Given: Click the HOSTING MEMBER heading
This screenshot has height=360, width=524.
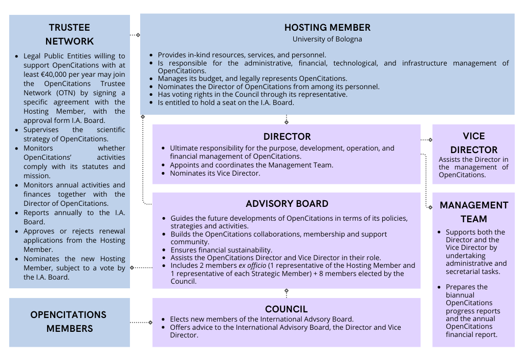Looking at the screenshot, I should click(327, 28).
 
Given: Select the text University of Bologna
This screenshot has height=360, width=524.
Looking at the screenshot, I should click(327, 39).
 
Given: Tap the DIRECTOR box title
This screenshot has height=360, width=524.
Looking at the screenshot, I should click(287, 137).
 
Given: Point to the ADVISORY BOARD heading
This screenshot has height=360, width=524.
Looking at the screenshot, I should click(287, 204).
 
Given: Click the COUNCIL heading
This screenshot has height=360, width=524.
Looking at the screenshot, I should click(287, 309).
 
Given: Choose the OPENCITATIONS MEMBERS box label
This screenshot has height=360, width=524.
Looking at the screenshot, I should click(69, 322).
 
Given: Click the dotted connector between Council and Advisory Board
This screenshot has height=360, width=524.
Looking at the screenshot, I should click(287, 293).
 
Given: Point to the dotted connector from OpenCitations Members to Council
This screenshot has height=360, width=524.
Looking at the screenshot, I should click(141, 322).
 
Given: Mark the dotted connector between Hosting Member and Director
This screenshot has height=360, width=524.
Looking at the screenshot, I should click(287, 119).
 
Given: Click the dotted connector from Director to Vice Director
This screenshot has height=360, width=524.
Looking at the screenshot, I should click(426, 139).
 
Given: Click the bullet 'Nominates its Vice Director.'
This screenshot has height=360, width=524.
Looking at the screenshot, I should click(215, 173).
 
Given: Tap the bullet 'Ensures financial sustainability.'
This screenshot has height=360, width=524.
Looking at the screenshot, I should click(221, 250).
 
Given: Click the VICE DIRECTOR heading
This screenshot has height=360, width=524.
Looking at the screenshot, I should click(473, 143).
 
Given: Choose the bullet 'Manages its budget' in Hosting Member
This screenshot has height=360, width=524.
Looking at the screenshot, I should click(252, 79).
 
